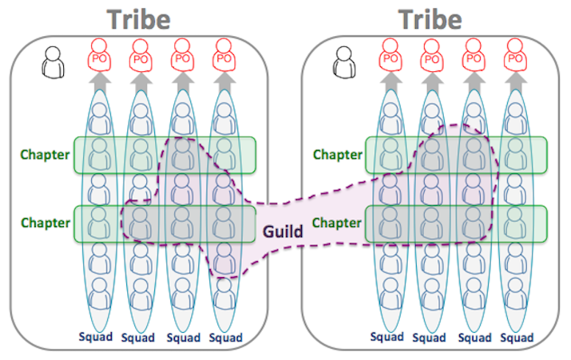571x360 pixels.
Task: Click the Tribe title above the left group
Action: coord(138,19)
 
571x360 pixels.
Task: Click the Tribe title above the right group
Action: coord(430,19)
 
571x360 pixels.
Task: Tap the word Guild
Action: coord(283,231)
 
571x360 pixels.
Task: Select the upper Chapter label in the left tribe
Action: coord(45,155)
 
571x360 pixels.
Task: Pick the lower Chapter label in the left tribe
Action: coord(45,223)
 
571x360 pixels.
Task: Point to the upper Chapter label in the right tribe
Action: coord(337,155)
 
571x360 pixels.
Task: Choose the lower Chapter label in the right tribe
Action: coord(337,223)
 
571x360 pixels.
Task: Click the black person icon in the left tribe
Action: coord(53,62)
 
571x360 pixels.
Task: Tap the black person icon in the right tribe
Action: coord(344,62)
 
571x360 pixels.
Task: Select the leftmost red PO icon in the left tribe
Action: coord(99,55)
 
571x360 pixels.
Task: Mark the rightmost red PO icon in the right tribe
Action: coord(515,55)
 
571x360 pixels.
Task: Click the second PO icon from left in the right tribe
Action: coord(432,55)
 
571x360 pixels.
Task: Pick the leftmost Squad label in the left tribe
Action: coord(96,336)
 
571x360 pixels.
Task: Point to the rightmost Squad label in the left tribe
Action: coord(226,338)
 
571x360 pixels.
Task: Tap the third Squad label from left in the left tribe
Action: coord(183,338)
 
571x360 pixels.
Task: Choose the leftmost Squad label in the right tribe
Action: coord(387,336)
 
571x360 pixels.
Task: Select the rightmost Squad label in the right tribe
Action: coord(517,338)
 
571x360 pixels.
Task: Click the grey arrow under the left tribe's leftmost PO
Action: coord(99,82)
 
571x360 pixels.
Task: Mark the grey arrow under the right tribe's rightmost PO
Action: coord(516,82)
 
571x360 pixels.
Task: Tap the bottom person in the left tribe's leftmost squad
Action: coord(99,294)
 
